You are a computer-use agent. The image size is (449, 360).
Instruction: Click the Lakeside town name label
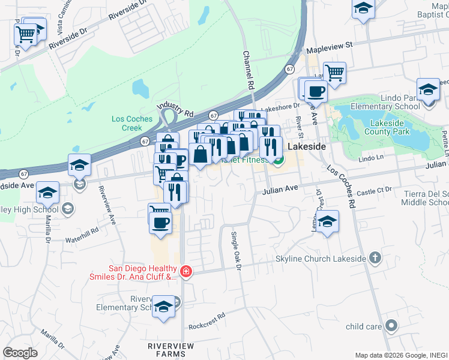pyautogui.click(x=306, y=146)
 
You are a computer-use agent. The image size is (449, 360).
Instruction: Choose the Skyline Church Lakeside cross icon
pyautogui.click(x=375, y=258)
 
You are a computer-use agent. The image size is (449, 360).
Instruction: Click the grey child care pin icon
pyautogui.click(x=392, y=326)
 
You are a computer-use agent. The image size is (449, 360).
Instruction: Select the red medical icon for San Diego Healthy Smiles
pyautogui.click(x=186, y=272)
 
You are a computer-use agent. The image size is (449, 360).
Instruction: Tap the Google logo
pyautogui.click(x=20, y=353)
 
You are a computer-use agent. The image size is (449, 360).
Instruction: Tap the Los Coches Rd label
pyautogui.click(x=342, y=186)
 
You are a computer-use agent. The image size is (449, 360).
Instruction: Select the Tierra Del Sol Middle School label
pyautogui.click(x=427, y=197)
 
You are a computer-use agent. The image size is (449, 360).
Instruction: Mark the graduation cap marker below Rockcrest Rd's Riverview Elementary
pyautogui.click(x=163, y=307)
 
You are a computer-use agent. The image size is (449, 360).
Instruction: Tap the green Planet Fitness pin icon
pyautogui.click(x=279, y=160)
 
